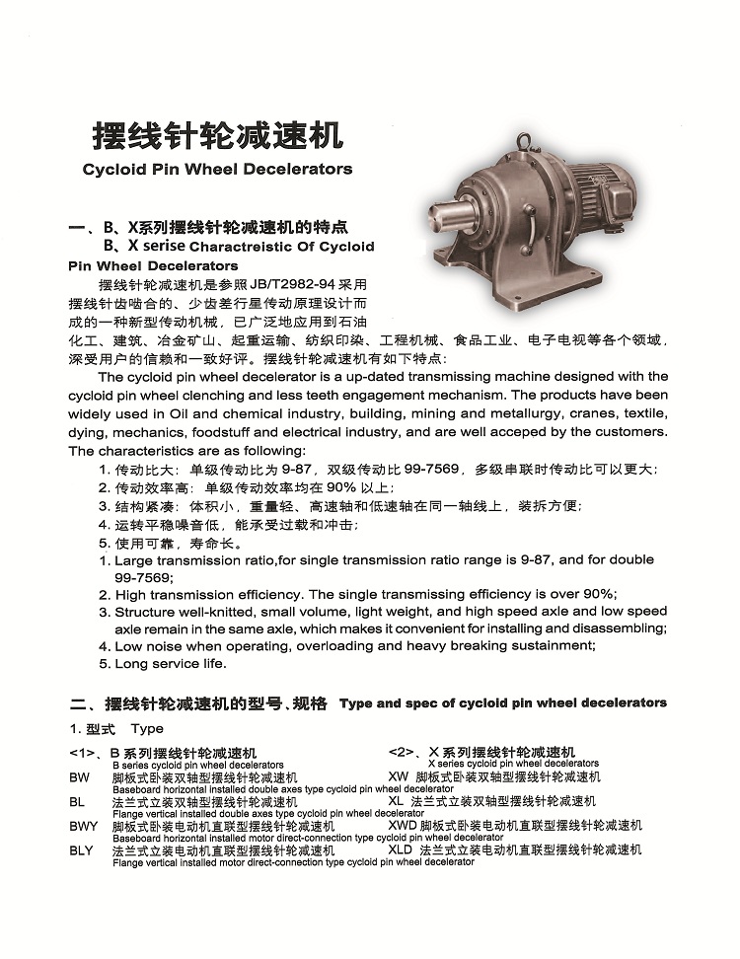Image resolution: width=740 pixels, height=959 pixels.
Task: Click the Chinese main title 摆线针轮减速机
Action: (216, 135)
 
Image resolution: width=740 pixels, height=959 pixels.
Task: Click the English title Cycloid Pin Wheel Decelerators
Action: (217, 169)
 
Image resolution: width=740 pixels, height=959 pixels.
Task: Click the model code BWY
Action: (84, 826)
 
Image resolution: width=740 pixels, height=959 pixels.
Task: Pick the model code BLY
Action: (84, 849)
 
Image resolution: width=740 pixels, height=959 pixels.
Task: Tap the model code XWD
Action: (403, 826)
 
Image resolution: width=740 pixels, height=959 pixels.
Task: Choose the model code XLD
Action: (401, 849)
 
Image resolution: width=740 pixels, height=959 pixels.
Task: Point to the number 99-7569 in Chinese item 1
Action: (426, 469)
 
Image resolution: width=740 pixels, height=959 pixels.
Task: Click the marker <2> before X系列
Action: (405, 753)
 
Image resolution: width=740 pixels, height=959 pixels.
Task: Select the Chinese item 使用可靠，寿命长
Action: (178, 543)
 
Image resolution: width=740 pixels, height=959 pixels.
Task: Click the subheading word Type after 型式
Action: (147, 729)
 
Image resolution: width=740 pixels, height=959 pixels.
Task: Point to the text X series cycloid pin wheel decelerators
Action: (513, 764)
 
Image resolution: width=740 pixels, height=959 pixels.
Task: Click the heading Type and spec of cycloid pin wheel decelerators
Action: (502, 702)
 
